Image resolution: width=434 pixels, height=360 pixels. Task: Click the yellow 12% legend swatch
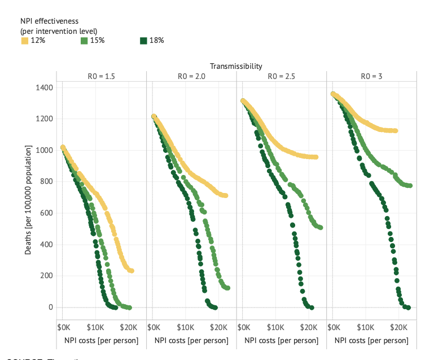(x=24, y=41)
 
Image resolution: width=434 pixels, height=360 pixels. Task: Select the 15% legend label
(x=97, y=41)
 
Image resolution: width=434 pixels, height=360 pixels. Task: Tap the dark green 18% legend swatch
(x=143, y=41)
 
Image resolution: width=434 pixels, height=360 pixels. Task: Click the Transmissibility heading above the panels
(x=236, y=66)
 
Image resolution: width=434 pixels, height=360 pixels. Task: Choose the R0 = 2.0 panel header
(x=191, y=76)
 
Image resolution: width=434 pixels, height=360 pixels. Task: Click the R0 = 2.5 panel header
(x=281, y=76)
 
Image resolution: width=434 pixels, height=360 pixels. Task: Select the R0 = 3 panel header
(x=371, y=76)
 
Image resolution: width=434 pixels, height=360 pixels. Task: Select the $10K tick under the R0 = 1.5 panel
(x=95, y=327)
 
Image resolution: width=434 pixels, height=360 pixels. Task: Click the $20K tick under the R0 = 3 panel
(x=398, y=327)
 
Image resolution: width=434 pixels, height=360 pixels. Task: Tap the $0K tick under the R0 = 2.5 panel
(x=244, y=327)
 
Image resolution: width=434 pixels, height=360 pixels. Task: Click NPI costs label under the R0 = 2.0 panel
(x=191, y=341)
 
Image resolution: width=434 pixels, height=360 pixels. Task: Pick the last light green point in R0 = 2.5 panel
(x=321, y=227)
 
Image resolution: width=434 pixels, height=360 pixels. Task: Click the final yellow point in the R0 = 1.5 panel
(x=131, y=271)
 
